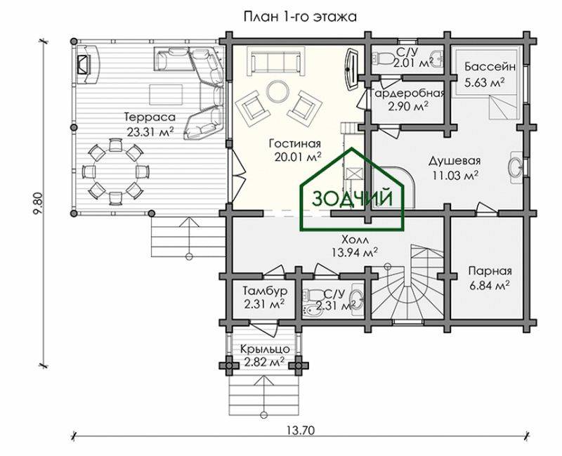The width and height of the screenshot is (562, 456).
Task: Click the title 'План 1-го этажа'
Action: click(300, 17)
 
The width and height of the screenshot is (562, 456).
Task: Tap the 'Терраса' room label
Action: click(150, 117)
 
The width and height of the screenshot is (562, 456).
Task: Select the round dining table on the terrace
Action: click(115, 171)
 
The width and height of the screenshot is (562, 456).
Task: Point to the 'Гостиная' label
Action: click(295, 144)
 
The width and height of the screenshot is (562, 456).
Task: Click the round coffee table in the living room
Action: click(277, 91)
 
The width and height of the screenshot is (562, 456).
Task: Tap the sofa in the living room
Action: click(275, 63)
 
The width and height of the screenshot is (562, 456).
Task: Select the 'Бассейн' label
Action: click(490, 67)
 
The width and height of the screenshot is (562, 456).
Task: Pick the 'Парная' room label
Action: click(490, 271)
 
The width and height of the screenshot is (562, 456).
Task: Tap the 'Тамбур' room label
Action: click(265, 290)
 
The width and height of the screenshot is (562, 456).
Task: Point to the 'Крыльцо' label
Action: click(265, 348)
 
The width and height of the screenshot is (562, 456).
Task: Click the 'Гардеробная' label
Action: click(408, 93)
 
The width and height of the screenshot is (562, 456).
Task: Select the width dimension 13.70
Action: click(301, 429)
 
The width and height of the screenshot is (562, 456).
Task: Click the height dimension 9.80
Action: click(39, 204)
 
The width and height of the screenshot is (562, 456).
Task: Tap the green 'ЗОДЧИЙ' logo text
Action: click(353, 198)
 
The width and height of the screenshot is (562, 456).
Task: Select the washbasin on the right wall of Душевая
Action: click(516, 167)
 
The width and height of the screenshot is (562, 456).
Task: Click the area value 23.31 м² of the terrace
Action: click(150, 132)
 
